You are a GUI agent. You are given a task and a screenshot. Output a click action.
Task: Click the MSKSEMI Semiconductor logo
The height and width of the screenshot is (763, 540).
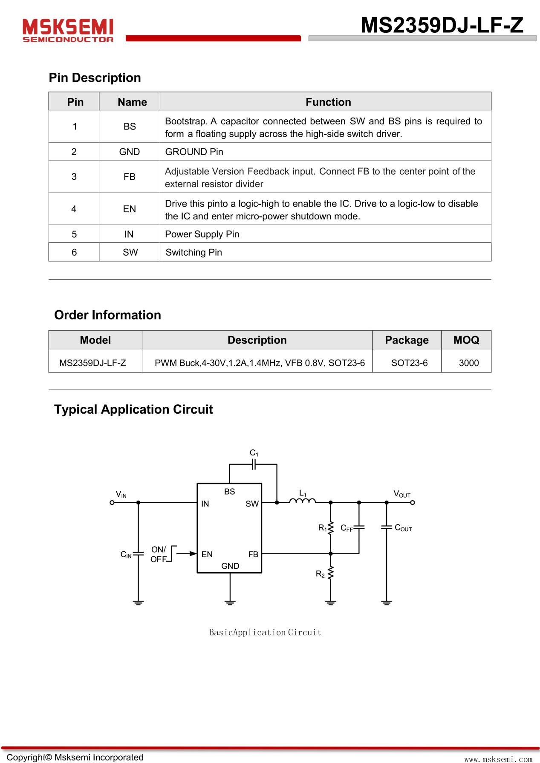pyautogui.click(x=68, y=30)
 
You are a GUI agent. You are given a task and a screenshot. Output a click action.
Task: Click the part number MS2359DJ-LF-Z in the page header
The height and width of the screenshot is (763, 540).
pyautogui.click(x=442, y=25)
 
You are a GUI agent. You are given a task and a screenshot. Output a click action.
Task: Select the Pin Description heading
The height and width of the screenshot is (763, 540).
pyautogui.click(x=95, y=78)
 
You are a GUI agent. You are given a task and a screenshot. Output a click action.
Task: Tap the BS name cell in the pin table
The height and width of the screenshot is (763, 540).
pyautogui.click(x=130, y=127)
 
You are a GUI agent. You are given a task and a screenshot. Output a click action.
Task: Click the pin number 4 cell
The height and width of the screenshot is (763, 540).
pyautogui.click(x=74, y=209)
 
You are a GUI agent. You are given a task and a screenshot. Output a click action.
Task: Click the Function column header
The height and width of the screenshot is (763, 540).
pyautogui.click(x=328, y=102)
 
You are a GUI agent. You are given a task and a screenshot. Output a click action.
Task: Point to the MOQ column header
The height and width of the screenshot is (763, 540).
pyautogui.click(x=466, y=340)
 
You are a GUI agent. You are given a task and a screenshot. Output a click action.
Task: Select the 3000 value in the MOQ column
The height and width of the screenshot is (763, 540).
pyautogui.click(x=468, y=363)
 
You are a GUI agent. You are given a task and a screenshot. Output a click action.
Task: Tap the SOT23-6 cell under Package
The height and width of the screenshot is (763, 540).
pyautogui.click(x=409, y=363)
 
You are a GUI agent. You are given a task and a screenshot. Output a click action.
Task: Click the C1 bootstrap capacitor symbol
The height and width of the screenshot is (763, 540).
pyautogui.click(x=254, y=464)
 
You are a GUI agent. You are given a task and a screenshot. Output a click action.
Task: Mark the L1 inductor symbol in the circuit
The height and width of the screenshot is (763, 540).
pyautogui.click(x=302, y=501)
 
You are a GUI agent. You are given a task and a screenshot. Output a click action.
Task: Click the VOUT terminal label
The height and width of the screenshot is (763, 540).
pyautogui.click(x=401, y=494)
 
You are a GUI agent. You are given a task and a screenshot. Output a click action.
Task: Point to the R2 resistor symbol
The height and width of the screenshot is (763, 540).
pyautogui.click(x=330, y=573)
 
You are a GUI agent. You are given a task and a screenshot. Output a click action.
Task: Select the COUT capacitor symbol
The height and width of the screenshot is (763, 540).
pyautogui.click(x=386, y=527)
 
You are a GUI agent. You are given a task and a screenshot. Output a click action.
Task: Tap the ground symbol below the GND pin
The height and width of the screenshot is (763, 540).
pyautogui.click(x=230, y=602)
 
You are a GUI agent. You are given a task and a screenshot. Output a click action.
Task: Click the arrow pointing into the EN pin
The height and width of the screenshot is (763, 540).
pyautogui.click(x=186, y=553)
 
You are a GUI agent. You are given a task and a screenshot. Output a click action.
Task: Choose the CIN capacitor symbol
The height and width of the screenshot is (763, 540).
pyautogui.click(x=138, y=554)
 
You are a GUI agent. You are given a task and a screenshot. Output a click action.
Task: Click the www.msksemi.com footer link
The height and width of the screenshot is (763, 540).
pyautogui.click(x=498, y=759)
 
